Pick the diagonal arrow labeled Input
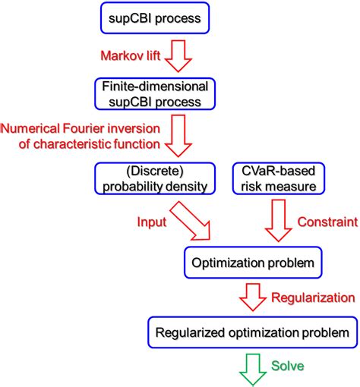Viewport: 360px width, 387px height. point(195,225)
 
